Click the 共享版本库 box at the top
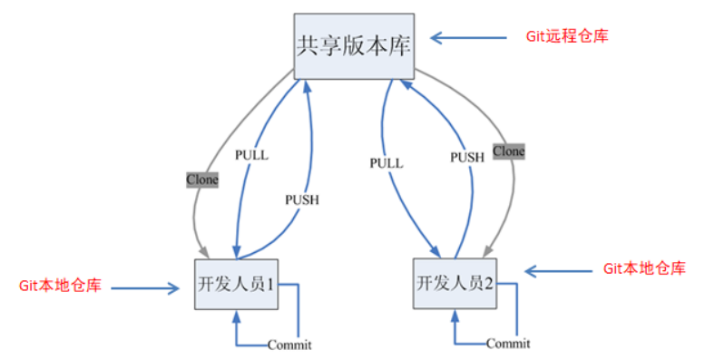point(354,45)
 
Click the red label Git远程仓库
point(566,36)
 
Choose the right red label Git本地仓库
point(644,269)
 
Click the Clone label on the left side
point(202,180)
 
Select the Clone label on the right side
point(508,151)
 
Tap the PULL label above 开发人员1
point(251,155)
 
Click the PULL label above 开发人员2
point(386,163)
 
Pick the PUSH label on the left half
point(302,199)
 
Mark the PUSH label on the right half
point(467,157)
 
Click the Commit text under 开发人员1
point(289,345)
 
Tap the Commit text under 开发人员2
point(508,344)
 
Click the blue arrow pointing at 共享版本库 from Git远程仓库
point(468,37)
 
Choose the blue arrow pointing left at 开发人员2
point(558,271)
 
